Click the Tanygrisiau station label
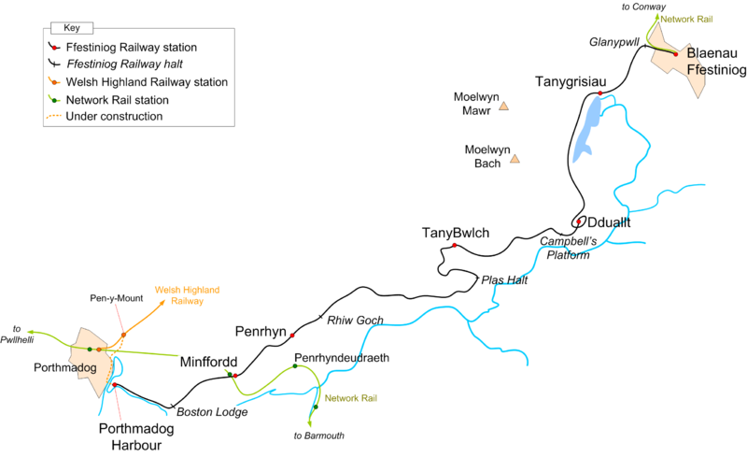click(571, 82)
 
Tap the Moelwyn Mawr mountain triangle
click(503, 107)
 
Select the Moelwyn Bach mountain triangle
click(514, 162)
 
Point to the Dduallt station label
click(610, 222)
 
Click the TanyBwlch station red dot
click(455, 246)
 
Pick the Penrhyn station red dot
click(293, 336)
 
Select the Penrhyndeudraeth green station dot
click(295, 366)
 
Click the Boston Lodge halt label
click(214, 412)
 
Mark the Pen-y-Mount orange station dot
click(123, 334)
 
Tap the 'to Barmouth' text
click(319, 436)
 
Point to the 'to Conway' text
click(643, 7)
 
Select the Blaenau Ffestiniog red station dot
click(675, 54)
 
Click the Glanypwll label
click(613, 42)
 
